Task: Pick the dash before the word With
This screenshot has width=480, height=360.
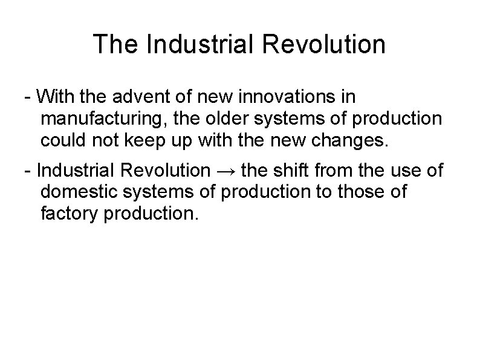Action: coord(27,98)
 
